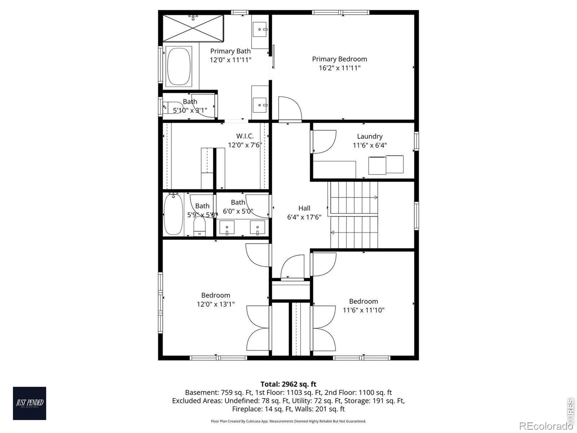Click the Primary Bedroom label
tap(339, 59)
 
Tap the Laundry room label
tap(370, 136)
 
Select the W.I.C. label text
tap(245, 136)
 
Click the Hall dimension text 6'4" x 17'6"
tap(304, 217)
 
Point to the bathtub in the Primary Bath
tap(179, 66)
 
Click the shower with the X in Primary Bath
tap(193, 28)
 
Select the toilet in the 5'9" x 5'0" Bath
tap(199, 226)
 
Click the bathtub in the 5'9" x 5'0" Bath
tap(173, 214)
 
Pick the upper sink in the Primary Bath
tap(260, 29)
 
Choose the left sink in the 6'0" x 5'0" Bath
tap(226, 227)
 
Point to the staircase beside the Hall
tap(354, 215)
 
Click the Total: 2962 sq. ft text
tap(288, 384)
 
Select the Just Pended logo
tap(30, 403)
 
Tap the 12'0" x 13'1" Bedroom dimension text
tap(216, 304)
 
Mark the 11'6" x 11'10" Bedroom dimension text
tap(364, 310)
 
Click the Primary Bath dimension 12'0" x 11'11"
tap(230, 60)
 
